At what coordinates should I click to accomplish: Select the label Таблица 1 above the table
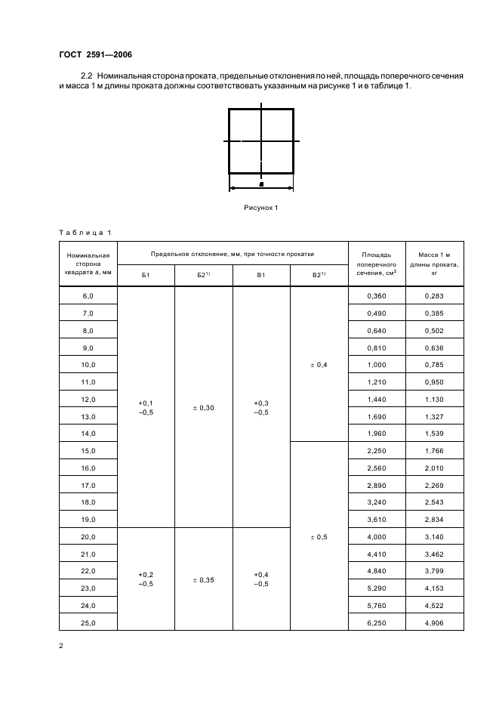(x=84, y=232)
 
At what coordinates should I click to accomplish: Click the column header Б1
(x=146, y=275)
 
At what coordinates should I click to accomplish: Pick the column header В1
(x=261, y=275)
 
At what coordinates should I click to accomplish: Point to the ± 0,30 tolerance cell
(x=203, y=408)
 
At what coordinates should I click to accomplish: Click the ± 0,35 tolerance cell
(x=203, y=580)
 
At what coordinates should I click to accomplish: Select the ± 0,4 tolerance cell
(x=319, y=365)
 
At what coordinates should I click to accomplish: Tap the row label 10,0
(x=88, y=365)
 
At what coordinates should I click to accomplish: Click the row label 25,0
(x=88, y=623)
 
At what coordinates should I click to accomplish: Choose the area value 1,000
(x=376, y=365)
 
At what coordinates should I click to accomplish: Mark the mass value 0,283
(x=434, y=296)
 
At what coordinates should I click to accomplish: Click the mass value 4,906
(x=434, y=623)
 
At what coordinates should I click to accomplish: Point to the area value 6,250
(x=376, y=623)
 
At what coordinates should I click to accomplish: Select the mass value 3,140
(x=434, y=537)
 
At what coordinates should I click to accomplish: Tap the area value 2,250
(x=376, y=451)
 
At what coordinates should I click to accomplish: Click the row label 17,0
(x=88, y=485)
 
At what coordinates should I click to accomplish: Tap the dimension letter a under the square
(x=261, y=184)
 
